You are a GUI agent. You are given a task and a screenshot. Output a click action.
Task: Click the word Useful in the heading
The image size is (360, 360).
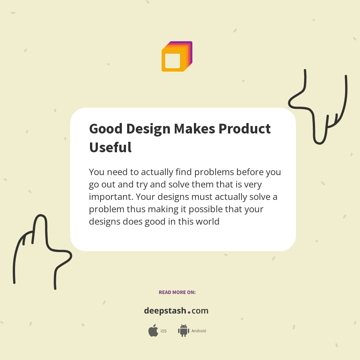click(110, 147)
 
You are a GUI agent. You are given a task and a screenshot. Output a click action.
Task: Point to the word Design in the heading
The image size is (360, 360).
click(148, 129)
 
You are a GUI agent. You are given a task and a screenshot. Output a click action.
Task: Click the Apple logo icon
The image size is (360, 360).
click(153, 331)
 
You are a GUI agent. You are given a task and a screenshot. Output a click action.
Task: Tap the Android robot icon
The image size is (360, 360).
click(183, 330)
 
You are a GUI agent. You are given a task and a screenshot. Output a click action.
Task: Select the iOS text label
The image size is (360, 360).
click(163, 331)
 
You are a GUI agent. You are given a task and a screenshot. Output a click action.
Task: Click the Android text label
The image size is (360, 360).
click(199, 331)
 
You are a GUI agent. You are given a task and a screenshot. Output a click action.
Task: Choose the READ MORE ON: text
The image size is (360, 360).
click(177, 292)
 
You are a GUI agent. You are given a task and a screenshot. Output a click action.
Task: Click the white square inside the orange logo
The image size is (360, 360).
click(172, 61)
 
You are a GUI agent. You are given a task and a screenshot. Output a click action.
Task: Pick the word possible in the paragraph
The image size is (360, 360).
click(206, 209)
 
